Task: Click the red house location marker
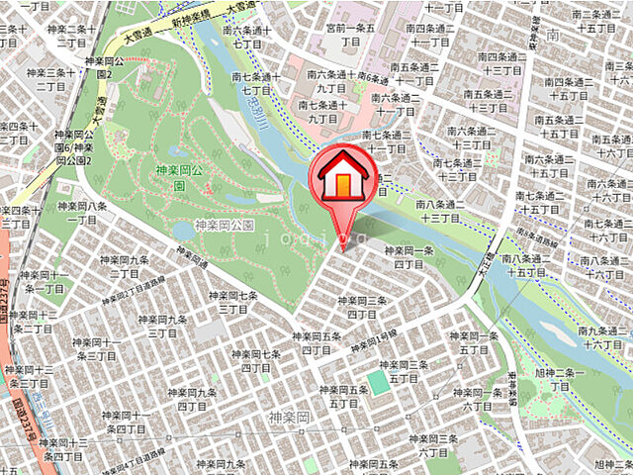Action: tap(341, 178)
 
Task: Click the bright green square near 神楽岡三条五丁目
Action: tap(379, 381)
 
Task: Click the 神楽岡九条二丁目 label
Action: tap(132, 266)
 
